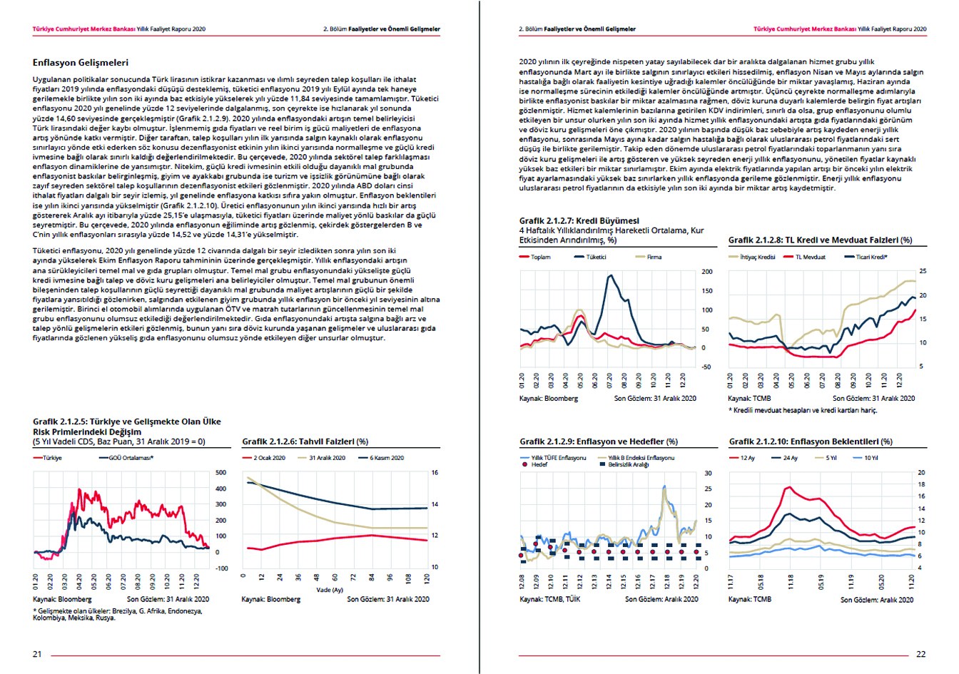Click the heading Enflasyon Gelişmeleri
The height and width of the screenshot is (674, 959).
click(81, 63)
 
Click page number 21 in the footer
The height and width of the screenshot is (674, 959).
click(37, 654)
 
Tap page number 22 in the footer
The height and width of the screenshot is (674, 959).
click(920, 654)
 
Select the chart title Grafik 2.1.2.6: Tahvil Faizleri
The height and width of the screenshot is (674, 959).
click(305, 441)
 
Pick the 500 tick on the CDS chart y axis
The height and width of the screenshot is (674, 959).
click(220, 473)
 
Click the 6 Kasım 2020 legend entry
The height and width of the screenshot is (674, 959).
click(386, 458)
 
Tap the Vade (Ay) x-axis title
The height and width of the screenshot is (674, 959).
click(330, 590)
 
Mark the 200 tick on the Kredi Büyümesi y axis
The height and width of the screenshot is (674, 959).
click(706, 272)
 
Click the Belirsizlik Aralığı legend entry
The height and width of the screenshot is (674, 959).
click(628, 464)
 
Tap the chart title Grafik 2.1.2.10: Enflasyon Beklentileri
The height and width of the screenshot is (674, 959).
click(810, 441)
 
